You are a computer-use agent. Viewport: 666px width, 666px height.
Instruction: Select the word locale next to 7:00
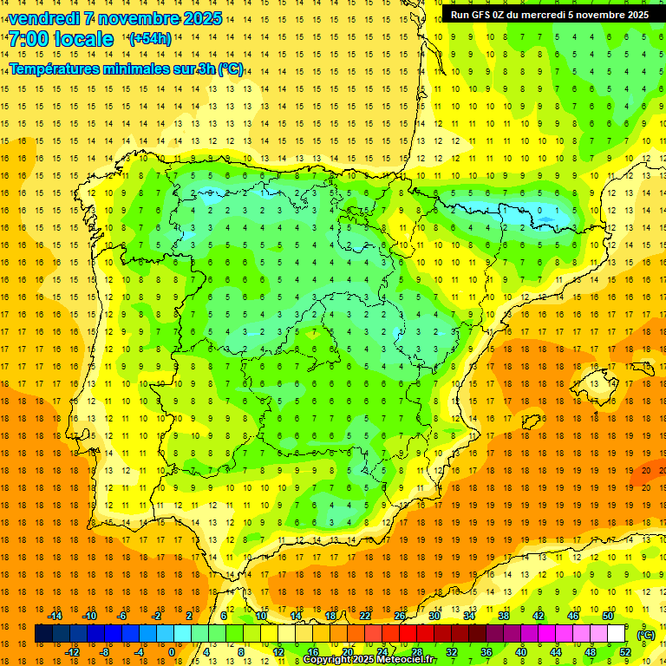tap(83, 39)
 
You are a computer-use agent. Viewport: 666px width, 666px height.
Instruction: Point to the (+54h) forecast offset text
tap(149, 39)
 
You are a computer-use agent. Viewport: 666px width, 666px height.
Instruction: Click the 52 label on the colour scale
tap(625, 652)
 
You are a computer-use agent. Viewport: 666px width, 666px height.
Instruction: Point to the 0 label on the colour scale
tap(171, 652)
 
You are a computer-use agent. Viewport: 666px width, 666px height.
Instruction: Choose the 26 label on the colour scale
tap(400, 615)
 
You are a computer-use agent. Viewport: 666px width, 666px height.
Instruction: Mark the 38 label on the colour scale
tap(504, 615)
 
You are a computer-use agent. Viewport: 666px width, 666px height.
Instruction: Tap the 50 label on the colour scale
tap(608, 615)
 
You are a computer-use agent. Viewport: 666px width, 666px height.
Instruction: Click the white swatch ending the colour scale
tap(617, 634)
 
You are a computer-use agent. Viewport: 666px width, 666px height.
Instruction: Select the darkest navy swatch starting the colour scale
tap(43, 634)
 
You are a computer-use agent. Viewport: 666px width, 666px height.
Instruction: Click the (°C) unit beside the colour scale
tap(646, 634)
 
